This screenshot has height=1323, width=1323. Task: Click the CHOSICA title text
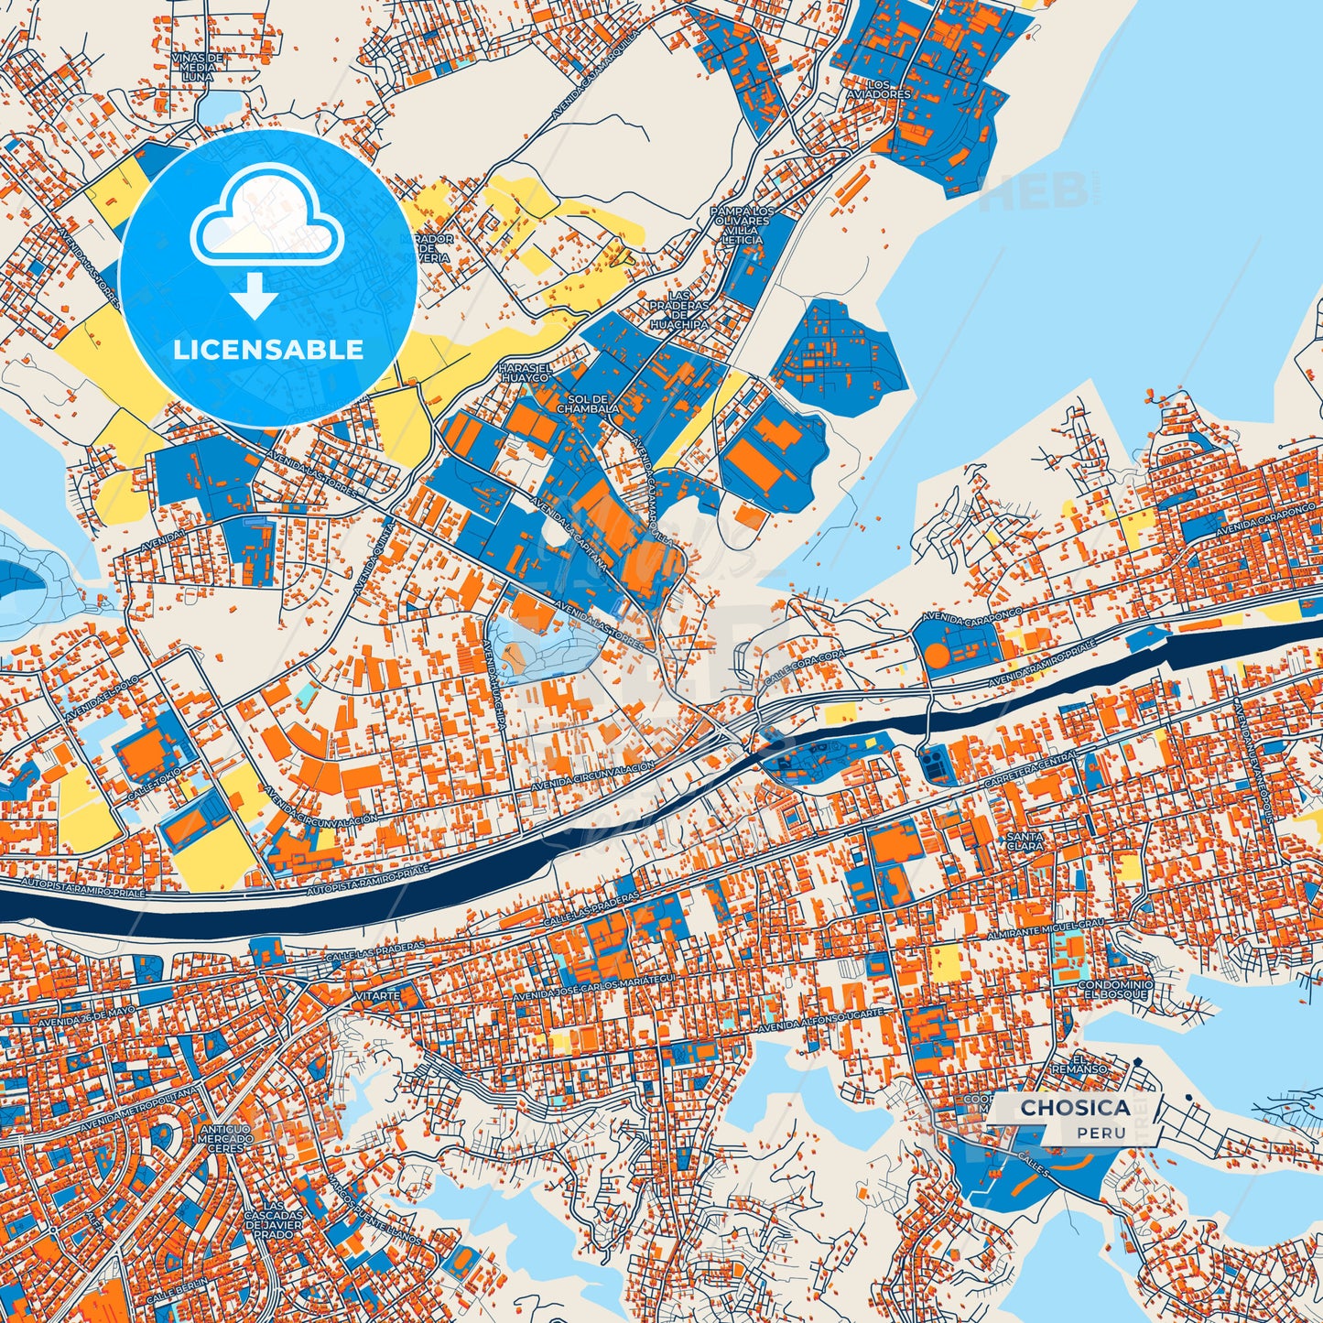coord(1074,1107)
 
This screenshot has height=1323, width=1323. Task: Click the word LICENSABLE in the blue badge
coord(268,350)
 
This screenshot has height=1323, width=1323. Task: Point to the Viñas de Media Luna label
coord(197,67)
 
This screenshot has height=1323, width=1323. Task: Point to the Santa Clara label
coord(1024,841)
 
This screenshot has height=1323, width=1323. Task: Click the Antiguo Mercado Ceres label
coord(225,1139)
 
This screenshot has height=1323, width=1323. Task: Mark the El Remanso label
coord(1091,1063)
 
